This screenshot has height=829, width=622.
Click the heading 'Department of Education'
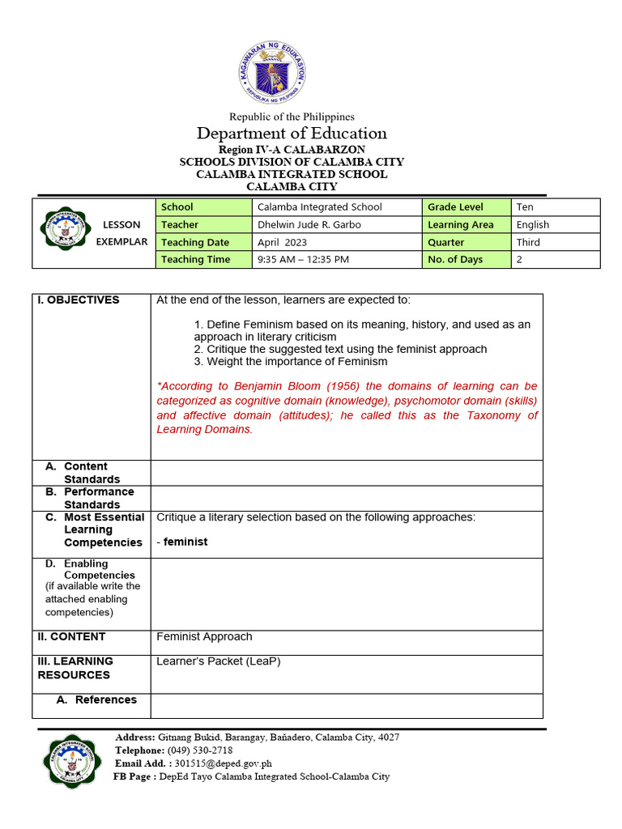tap(292, 134)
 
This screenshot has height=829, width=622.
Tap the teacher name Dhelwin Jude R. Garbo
tap(309, 224)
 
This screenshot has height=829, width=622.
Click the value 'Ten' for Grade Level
tap(525, 207)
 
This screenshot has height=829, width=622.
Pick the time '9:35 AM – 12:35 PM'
tap(302, 259)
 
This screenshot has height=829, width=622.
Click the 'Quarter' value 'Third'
tap(528, 242)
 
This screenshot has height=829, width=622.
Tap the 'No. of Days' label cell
tap(455, 259)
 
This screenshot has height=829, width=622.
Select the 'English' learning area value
tap(532, 224)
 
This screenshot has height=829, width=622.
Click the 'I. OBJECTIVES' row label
tap(79, 300)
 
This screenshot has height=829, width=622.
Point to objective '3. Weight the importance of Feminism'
tap(290, 362)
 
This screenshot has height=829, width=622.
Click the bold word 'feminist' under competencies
tap(185, 542)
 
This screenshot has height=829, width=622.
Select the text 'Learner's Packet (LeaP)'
tap(218, 661)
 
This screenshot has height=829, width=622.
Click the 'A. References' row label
tap(96, 699)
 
